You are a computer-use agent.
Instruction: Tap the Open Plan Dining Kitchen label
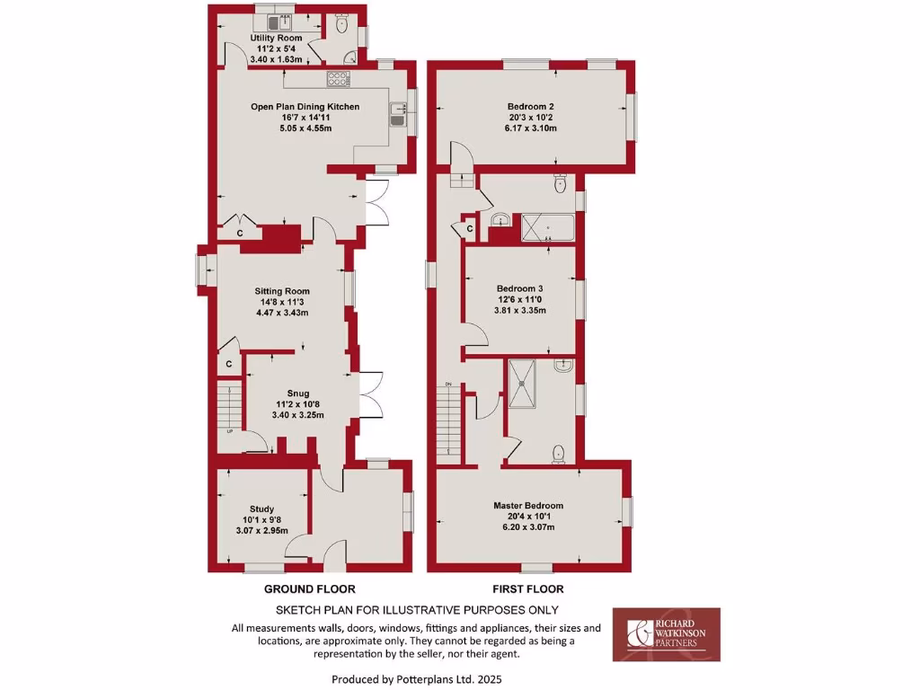305,107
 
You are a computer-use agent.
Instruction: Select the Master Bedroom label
528,506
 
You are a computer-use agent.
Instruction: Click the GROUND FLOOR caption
309,589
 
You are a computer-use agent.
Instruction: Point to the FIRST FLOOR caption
527,589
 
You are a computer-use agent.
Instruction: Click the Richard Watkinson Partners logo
666,634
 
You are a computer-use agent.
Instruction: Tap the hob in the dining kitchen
339,79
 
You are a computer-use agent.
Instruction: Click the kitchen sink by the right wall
398,114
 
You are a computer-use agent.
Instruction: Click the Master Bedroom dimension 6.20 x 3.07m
528,527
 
